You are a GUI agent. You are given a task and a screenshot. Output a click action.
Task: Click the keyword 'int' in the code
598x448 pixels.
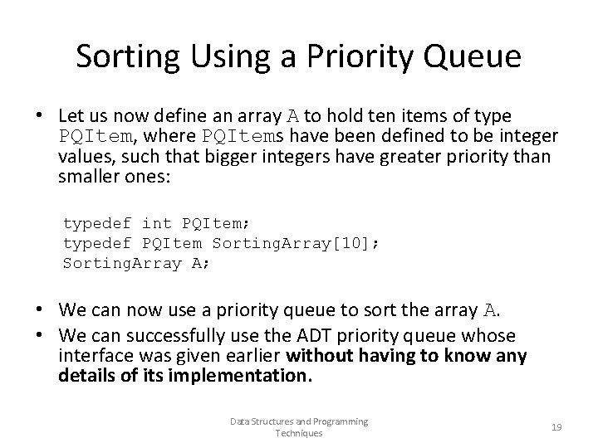pyautogui.click(x=156, y=224)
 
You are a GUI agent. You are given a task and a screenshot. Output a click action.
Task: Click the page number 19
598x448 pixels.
pyautogui.click(x=556, y=427)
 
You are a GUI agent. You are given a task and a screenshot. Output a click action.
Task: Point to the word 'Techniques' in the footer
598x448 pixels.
pyautogui.click(x=298, y=433)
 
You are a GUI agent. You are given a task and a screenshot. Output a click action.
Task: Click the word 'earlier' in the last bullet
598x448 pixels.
pyautogui.click(x=252, y=357)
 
